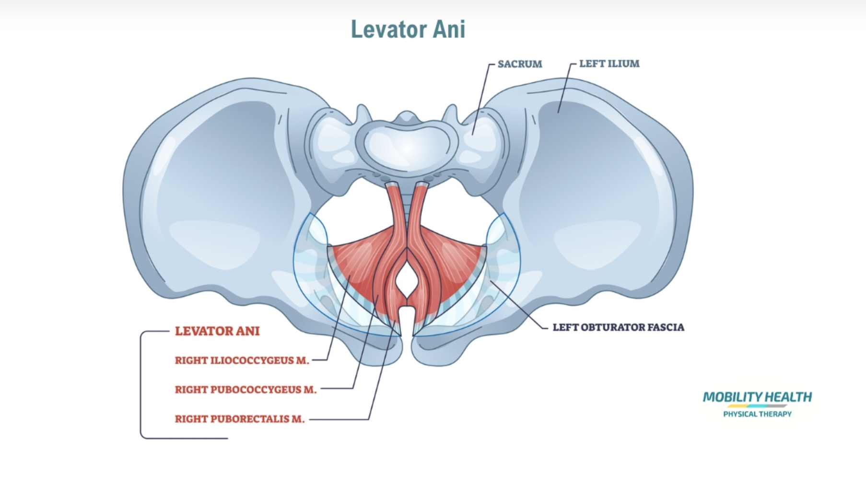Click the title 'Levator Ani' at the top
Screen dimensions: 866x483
pos(408,29)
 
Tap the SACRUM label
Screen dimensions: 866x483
pos(519,64)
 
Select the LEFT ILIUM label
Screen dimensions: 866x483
pos(609,64)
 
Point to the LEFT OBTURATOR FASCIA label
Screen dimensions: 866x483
pos(618,327)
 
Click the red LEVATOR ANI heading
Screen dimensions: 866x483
pos(217,331)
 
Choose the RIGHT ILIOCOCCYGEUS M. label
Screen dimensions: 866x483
pos(242,360)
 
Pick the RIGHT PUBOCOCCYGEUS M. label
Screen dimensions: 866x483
pos(246,390)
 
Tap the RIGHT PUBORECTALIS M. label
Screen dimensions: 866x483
pos(239,419)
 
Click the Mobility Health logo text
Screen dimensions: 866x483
pos(757,397)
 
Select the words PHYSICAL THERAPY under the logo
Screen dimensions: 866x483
pos(757,414)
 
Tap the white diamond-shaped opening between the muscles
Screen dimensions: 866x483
pos(407,280)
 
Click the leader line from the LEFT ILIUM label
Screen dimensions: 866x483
pos(564,89)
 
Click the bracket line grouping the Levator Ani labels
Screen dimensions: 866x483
pos(141,383)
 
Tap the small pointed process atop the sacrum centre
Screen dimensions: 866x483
pos(407,116)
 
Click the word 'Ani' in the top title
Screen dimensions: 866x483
pos(449,29)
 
